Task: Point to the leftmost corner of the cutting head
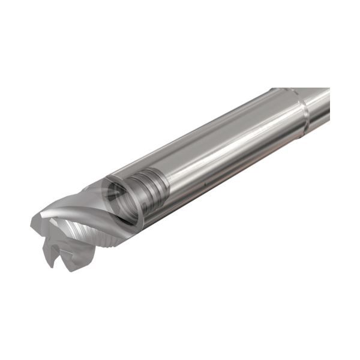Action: pyautogui.click(x=33, y=224)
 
